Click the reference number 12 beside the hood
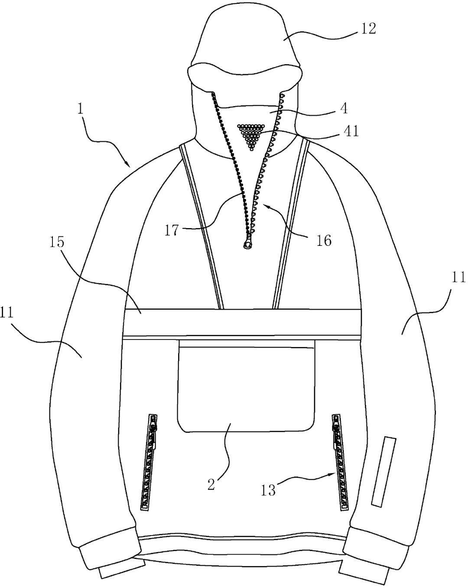pos(368,29)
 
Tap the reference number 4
pos(344,108)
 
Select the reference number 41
pos(351,131)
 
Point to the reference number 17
pos(172,230)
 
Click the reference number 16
pos(324,241)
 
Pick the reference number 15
pos(57,242)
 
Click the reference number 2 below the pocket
pos(211,484)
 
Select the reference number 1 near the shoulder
pos(80,109)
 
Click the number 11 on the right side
pos(458,278)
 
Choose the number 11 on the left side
pos(6,312)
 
